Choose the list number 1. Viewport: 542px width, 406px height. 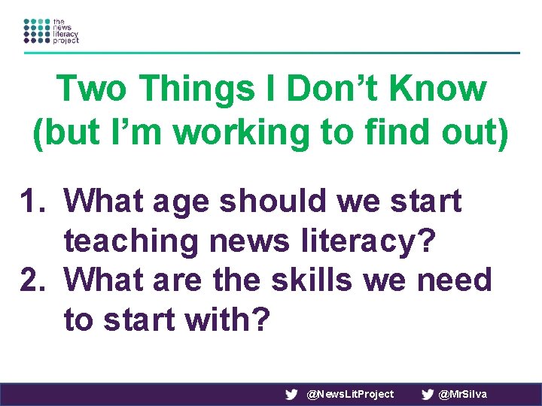[x=34, y=201]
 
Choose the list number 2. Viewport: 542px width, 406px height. [x=34, y=280]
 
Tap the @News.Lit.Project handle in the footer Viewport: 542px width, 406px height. [x=351, y=394]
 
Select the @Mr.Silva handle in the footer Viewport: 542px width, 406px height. [x=462, y=394]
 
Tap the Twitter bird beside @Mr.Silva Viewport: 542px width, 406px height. [x=428, y=394]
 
